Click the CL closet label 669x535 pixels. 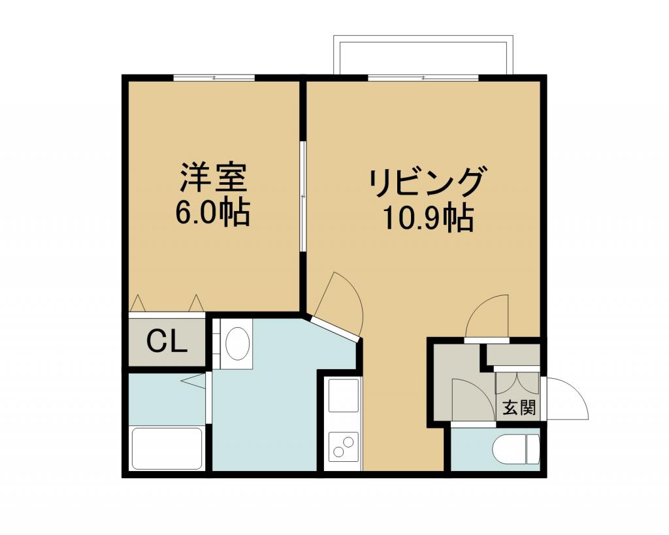(x=167, y=340)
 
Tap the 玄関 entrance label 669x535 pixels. (x=519, y=408)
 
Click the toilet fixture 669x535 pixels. (x=516, y=448)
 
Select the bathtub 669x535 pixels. (x=167, y=448)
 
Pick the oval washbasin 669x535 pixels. (x=237, y=344)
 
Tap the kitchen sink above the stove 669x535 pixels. (x=344, y=395)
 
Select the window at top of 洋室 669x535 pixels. (x=214, y=78)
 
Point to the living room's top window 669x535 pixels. (x=423, y=78)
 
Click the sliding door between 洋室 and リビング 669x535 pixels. (x=302, y=196)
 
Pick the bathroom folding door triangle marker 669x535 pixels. (x=193, y=381)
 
